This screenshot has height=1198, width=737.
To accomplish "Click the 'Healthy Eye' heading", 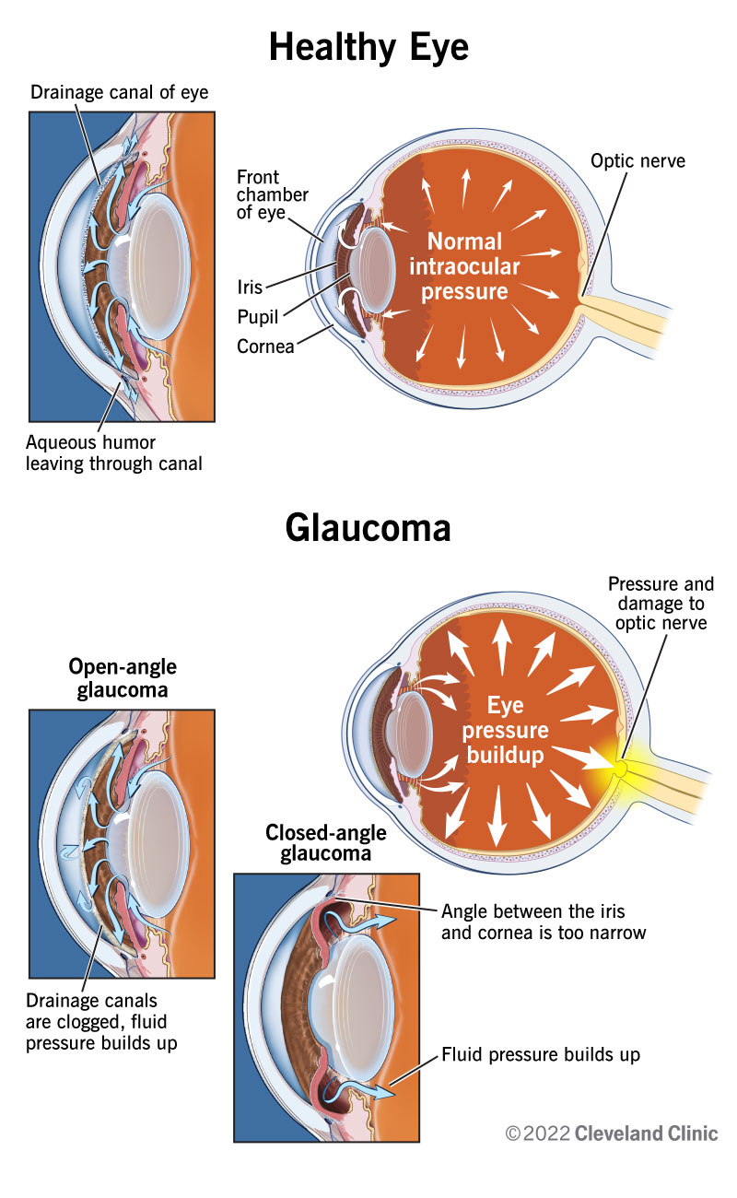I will tap(368, 47).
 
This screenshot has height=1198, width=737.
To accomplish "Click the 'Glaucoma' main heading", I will tap(368, 528).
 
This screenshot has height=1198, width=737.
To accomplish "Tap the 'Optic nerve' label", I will tap(638, 162).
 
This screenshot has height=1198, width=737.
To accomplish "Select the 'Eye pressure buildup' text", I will tap(505, 731).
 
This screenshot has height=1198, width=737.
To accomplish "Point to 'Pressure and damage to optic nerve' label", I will tap(660, 604).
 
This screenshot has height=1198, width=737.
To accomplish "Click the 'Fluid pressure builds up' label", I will tap(541, 1053).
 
